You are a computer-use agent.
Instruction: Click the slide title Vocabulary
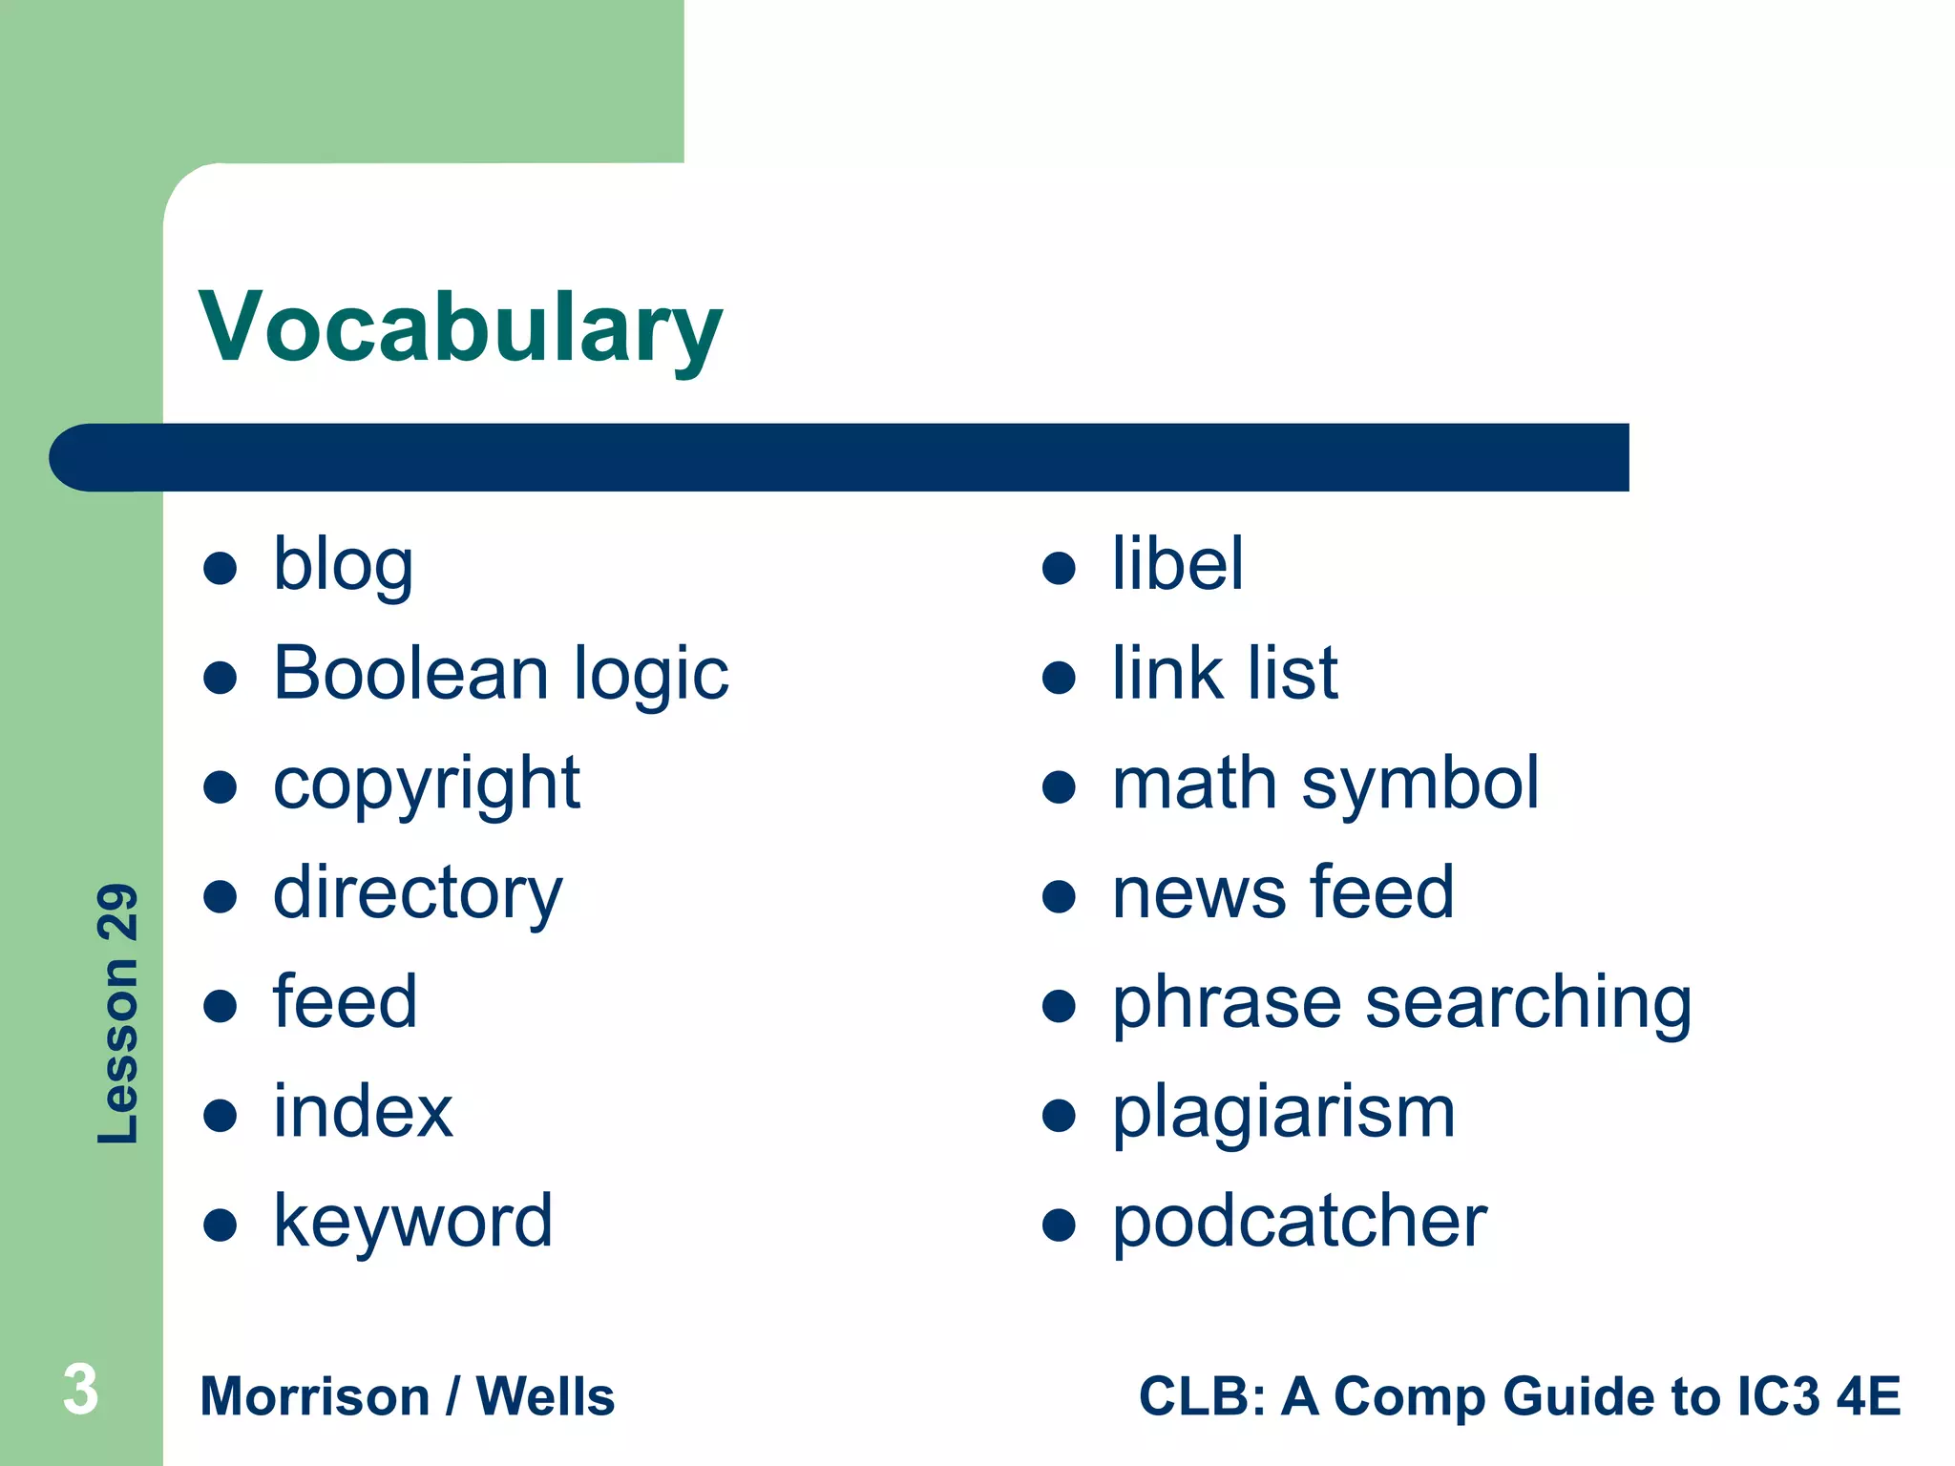pyautogui.click(x=460, y=327)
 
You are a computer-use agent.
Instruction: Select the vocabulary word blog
pyautogui.click(x=343, y=565)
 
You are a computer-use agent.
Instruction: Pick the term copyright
pyautogui.click(x=426, y=785)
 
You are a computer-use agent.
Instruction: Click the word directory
pyautogui.click(x=417, y=894)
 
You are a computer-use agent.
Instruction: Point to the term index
pyautogui.click(x=363, y=1112)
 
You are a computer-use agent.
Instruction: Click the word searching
pyautogui.click(x=1528, y=1004)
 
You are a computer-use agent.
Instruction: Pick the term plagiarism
pyautogui.click(x=1284, y=1114)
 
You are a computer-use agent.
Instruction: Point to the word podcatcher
pyautogui.click(x=1299, y=1223)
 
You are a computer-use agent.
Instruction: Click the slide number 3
pyautogui.click(x=80, y=1390)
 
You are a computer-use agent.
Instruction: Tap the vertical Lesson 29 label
pyautogui.click(x=118, y=1013)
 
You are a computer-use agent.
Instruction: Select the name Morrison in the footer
pyautogui.click(x=315, y=1397)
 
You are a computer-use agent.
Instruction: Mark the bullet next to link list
pyautogui.click(x=1059, y=678)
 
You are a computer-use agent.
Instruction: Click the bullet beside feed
pyautogui.click(x=220, y=1006)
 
